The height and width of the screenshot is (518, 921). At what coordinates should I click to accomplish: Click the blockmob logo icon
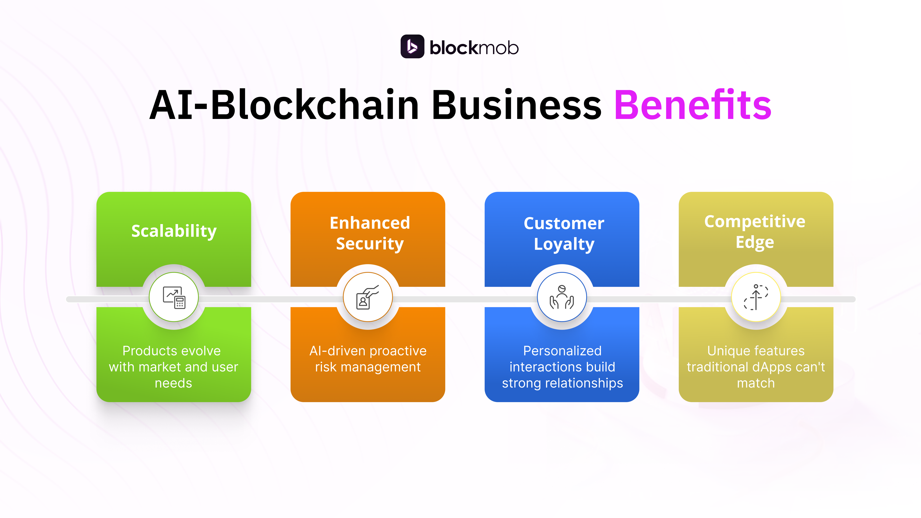pyautogui.click(x=412, y=46)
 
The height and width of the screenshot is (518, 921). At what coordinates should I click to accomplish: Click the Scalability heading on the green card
pyautogui.click(x=174, y=231)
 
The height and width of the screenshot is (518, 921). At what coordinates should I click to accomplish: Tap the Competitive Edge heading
pyautogui.click(x=755, y=232)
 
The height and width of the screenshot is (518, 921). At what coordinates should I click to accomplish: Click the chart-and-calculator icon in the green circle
pyautogui.click(x=174, y=297)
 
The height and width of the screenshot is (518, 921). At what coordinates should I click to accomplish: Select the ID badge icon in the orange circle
pyautogui.click(x=368, y=297)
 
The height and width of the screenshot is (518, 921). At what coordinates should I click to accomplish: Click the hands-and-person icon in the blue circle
pyautogui.click(x=562, y=297)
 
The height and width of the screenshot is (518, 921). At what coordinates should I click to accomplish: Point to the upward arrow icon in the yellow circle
pyautogui.click(x=756, y=297)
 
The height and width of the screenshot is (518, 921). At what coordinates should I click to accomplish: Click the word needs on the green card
pyautogui.click(x=173, y=383)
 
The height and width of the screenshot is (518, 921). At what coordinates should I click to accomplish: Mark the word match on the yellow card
pyautogui.click(x=756, y=383)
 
